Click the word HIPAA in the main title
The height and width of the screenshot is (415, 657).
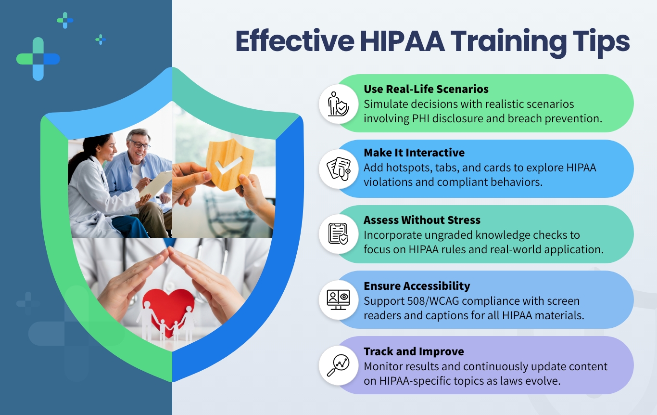(x=402, y=41)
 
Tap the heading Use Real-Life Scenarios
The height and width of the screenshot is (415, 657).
(x=426, y=89)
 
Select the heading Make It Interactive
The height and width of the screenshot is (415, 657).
(x=414, y=153)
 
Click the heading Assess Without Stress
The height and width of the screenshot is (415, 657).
(x=422, y=220)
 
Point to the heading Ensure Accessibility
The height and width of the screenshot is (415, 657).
(x=417, y=286)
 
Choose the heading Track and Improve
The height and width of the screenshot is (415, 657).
(x=414, y=351)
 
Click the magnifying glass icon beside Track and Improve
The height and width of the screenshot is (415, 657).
(x=339, y=365)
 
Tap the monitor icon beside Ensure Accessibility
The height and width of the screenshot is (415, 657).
(x=339, y=299)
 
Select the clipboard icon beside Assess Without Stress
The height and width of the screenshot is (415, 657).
(x=339, y=233)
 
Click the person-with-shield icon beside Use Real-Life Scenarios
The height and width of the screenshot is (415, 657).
(x=338, y=104)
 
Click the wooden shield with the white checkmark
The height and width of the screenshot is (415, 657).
(x=229, y=165)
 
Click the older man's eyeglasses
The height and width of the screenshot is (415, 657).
(x=140, y=144)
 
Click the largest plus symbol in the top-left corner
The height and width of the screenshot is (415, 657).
(x=38, y=59)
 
